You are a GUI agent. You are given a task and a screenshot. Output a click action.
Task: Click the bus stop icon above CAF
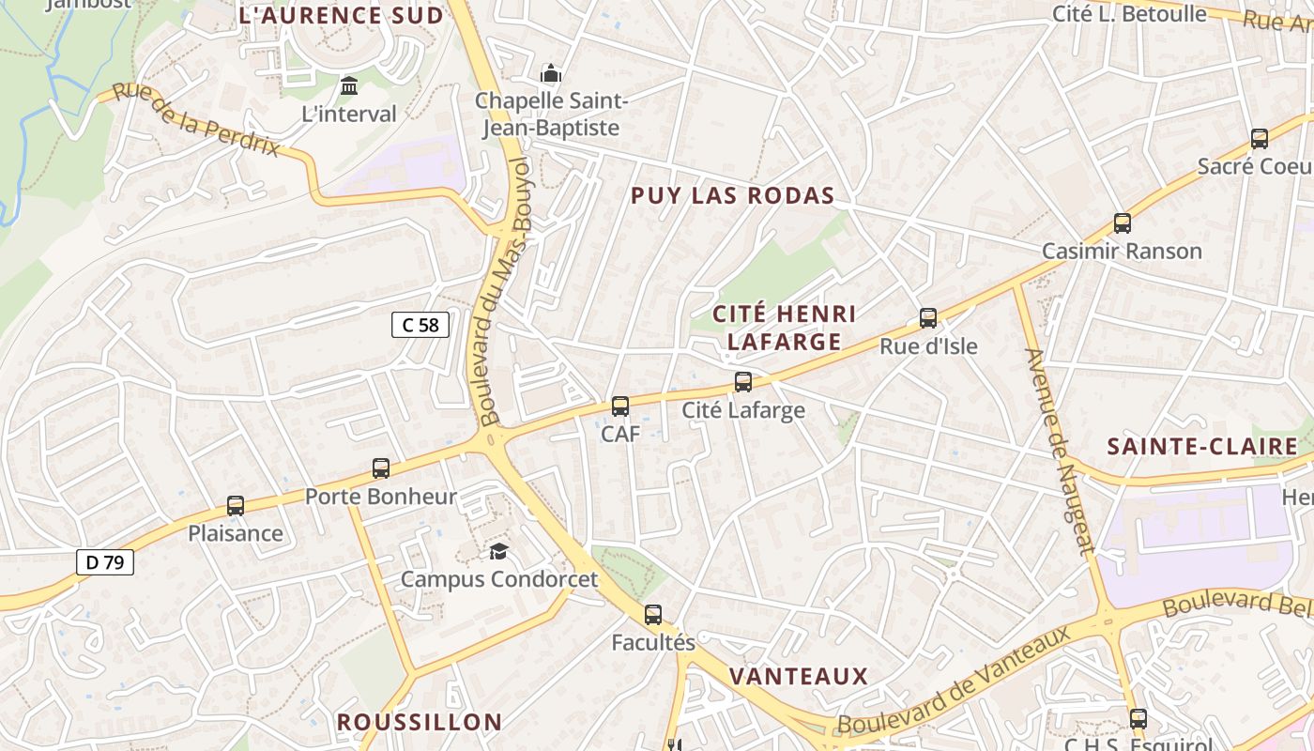pyautogui.click(x=620, y=406)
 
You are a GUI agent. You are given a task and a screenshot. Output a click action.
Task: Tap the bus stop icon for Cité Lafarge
pyautogui.click(x=743, y=382)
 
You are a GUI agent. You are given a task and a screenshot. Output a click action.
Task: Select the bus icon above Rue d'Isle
pyautogui.click(x=928, y=318)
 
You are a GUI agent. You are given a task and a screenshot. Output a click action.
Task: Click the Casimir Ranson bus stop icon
pyautogui.click(x=1123, y=223)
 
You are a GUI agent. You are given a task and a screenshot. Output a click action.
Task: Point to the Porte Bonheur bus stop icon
pyautogui.click(x=381, y=468)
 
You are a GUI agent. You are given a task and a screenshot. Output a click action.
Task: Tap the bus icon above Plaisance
pyautogui.click(x=236, y=506)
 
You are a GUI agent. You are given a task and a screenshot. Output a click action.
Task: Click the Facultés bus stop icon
pyautogui.click(x=653, y=615)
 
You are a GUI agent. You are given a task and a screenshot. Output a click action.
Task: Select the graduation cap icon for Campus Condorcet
pyautogui.click(x=498, y=551)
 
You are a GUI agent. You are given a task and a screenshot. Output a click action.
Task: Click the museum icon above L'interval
pyautogui.click(x=349, y=86)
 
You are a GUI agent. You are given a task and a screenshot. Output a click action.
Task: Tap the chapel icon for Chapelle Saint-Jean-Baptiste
pyautogui.click(x=550, y=73)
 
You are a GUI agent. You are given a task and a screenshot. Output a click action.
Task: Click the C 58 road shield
pyautogui.click(x=420, y=325)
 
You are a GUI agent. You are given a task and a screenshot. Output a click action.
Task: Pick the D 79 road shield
pyautogui.click(x=105, y=562)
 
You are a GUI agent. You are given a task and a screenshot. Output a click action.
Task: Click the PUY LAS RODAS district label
pyautogui.click(x=732, y=195)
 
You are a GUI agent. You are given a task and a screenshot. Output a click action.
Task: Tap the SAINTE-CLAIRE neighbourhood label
pyautogui.click(x=1202, y=446)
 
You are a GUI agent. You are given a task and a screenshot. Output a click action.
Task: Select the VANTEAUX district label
pyautogui.click(x=799, y=676)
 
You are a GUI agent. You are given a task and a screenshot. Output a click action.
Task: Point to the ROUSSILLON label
pyautogui.click(x=420, y=721)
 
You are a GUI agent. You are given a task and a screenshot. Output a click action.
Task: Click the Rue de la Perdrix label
pyautogui.click(x=196, y=119)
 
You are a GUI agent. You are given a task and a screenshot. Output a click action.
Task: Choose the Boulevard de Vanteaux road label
pyautogui.click(x=954, y=681)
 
